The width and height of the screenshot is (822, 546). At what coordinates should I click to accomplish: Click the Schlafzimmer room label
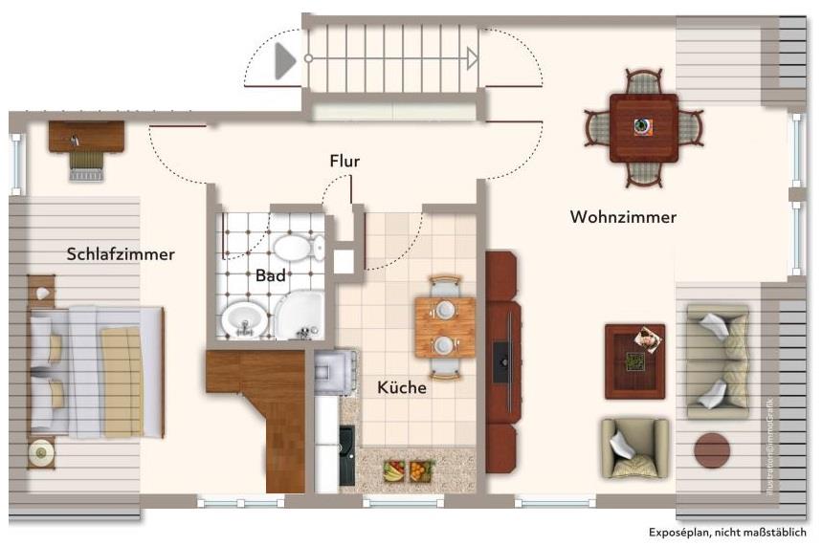121,254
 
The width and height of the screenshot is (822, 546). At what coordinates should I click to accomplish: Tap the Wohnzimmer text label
623,217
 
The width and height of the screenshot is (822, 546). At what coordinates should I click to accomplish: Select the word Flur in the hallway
344,162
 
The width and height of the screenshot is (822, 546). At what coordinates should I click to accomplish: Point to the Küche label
402,388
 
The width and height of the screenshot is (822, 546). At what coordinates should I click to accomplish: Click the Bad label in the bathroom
271,275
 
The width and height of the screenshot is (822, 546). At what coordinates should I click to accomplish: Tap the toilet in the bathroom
300,249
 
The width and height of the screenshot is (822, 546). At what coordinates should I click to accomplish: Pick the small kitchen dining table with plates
445,327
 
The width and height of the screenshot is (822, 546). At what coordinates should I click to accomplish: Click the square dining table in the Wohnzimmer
644,127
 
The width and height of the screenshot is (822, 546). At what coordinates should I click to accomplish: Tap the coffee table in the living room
634,360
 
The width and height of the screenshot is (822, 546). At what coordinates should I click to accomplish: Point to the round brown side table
712,449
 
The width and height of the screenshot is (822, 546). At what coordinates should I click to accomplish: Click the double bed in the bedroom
96,371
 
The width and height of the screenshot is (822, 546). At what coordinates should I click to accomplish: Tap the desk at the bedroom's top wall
86,137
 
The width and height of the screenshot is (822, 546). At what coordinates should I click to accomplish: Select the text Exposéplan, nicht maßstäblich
727,533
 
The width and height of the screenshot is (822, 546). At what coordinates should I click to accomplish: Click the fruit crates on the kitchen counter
407,470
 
